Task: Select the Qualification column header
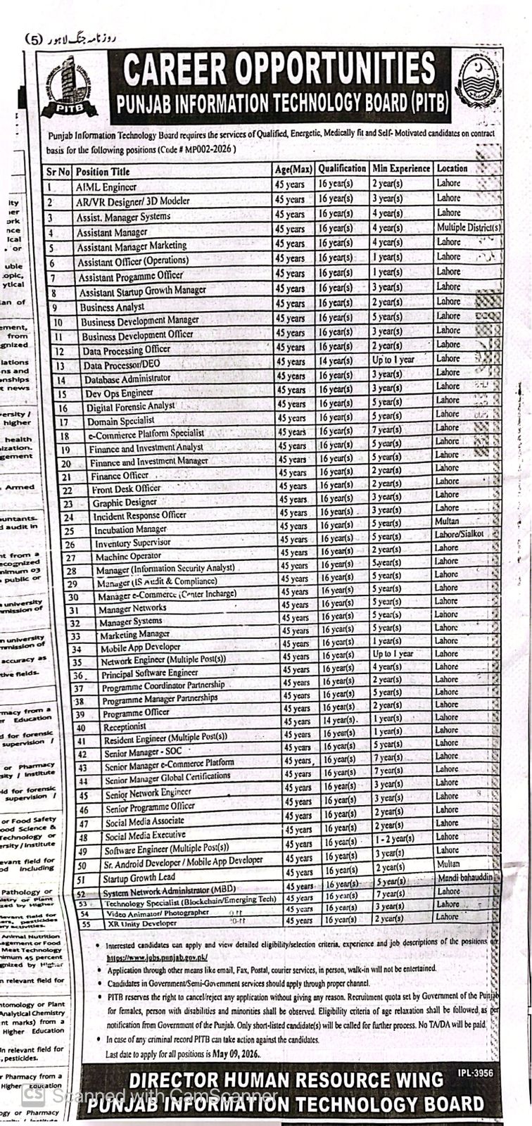pyautogui.click(x=342, y=169)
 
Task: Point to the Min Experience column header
pyautogui.click(x=401, y=169)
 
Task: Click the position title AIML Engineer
pyautogui.click(x=106, y=187)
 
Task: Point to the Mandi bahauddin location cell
pyautogui.click(x=465, y=878)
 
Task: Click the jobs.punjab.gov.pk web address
pyautogui.click(x=157, y=958)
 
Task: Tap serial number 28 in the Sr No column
pyautogui.click(x=71, y=570)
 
